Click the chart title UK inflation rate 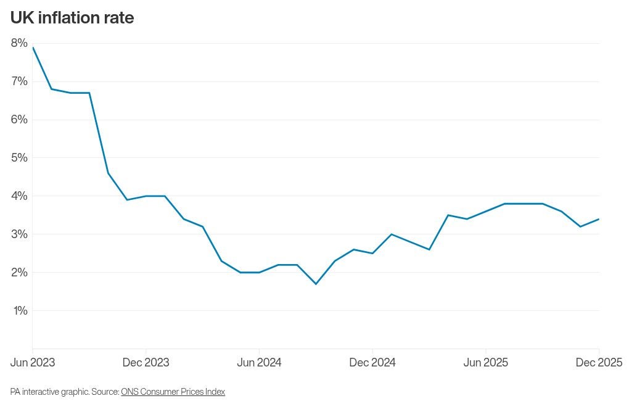click(x=72, y=18)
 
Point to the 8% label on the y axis click(x=18, y=43)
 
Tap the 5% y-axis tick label click(x=18, y=157)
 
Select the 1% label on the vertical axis click(x=20, y=310)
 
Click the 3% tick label click(x=18, y=234)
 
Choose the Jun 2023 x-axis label click(x=33, y=363)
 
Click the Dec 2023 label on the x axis click(x=146, y=363)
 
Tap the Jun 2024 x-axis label click(x=259, y=363)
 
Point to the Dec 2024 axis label click(x=372, y=363)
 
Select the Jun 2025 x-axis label click(x=485, y=363)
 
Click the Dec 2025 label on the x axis click(x=599, y=363)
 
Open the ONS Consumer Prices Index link click(x=173, y=392)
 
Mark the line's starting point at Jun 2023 click(x=33, y=48)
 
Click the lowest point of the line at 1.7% click(x=316, y=284)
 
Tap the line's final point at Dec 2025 click(x=599, y=219)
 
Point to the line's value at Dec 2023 click(x=146, y=196)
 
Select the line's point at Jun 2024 click(x=259, y=272)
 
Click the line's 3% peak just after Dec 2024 click(x=391, y=234)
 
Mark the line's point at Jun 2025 click(x=485, y=211)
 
